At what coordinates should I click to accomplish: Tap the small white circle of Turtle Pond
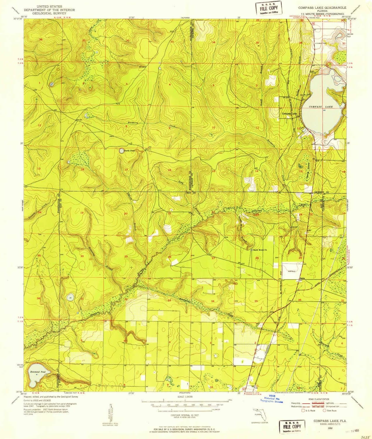pos(121,151)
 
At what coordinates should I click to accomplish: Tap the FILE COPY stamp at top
pos(268,8)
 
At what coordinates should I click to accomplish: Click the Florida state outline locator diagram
pos(257,414)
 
